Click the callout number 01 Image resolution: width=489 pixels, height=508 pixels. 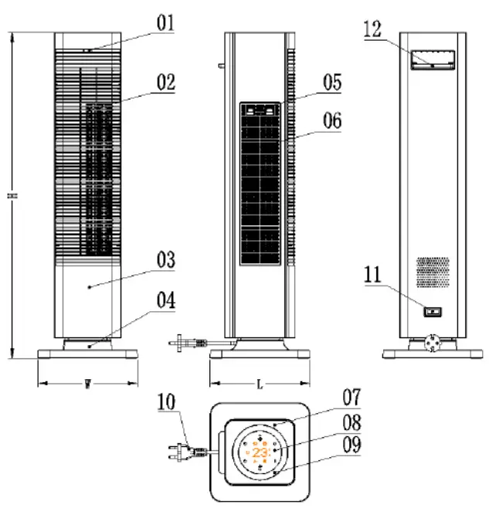pyautogui.click(x=166, y=22)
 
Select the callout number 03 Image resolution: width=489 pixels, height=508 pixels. pyautogui.click(x=166, y=260)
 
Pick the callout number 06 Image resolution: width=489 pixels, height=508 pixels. pyautogui.click(x=332, y=121)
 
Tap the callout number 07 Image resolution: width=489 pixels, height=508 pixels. pyautogui.click(x=352, y=398)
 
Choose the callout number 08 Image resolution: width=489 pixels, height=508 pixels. pyautogui.click(x=352, y=422)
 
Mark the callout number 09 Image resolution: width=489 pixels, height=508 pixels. pyautogui.click(x=352, y=445)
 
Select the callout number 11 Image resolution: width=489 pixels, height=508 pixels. pyautogui.click(x=372, y=273)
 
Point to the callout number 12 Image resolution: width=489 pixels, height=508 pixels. pyautogui.click(x=372, y=29)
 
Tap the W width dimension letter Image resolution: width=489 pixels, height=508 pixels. pyautogui.click(x=87, y=384)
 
